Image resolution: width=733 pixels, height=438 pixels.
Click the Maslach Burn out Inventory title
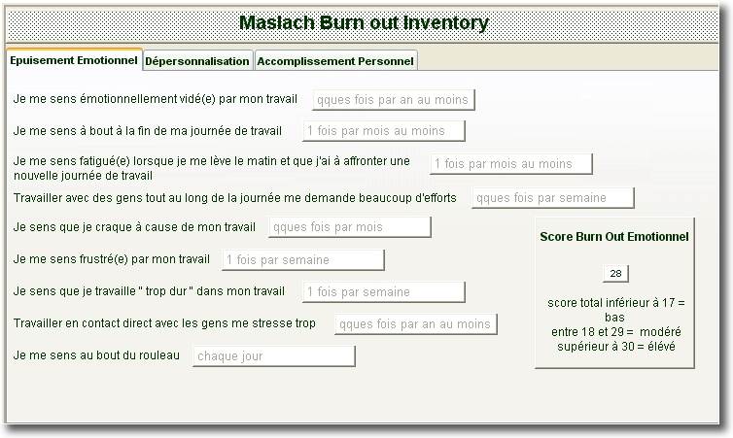(364, 23)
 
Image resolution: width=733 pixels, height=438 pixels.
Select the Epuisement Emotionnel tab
(74, 60)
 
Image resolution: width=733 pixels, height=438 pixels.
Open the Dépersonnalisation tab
(197, 61)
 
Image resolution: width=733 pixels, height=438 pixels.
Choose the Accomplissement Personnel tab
(335, 61)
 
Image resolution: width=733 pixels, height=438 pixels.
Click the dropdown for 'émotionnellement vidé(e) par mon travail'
(394, 100)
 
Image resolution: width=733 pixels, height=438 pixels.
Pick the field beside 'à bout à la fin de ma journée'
(384, 131)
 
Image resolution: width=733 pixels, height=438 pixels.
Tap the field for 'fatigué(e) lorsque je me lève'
(511, 164)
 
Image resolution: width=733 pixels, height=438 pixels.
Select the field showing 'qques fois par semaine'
(553, 198)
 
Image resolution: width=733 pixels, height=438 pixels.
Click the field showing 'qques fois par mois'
(350, 227)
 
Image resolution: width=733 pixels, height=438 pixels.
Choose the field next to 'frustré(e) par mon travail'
(303, 260)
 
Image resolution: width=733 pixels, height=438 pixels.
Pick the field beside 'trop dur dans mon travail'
(384, 292)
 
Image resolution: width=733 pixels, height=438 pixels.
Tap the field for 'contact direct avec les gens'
(415, 324)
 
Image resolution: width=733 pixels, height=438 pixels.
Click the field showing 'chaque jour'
(274, 356)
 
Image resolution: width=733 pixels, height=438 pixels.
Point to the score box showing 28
(615, 274)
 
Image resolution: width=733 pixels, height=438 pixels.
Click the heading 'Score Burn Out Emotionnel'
(614, 237)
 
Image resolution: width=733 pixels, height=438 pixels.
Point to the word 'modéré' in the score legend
(660, 332)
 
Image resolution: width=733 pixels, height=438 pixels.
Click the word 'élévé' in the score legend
(661, 347)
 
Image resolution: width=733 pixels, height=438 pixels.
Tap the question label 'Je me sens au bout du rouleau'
(96, 355)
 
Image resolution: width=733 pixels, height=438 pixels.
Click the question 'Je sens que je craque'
(134, 227)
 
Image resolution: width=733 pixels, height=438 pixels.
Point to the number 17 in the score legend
(668, 303)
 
